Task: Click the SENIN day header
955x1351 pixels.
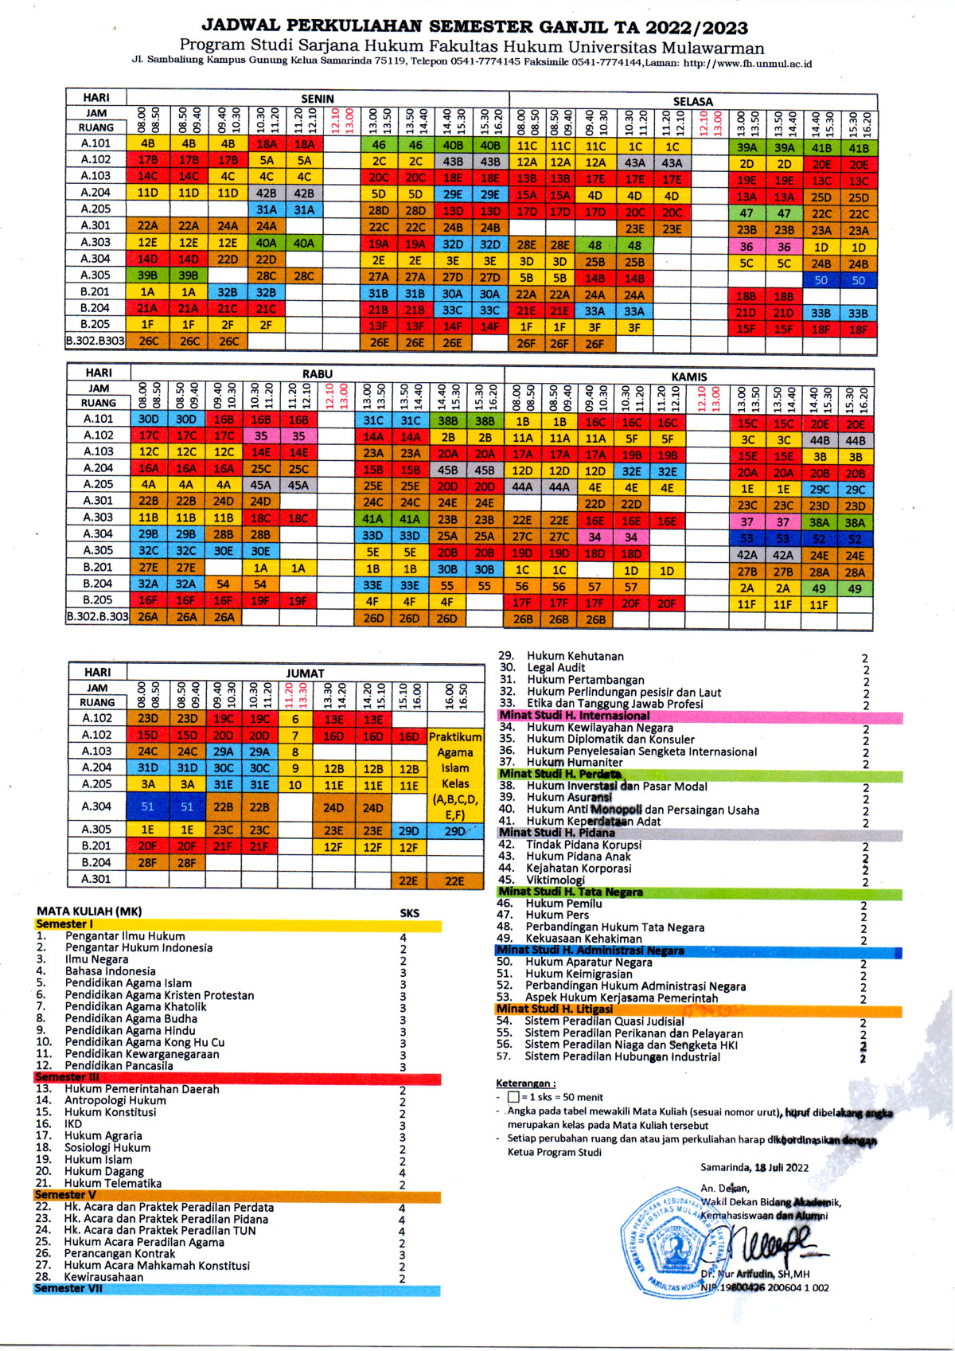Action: click(317, 99)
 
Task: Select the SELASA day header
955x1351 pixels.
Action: click(692, 102)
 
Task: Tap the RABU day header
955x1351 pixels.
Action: click(317, 373)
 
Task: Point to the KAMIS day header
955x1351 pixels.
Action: click(688, 377)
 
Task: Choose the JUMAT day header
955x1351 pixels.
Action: click(305, 673)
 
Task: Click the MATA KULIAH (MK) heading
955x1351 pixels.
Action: click(89, 912)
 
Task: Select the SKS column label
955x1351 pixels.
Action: click(409, 913)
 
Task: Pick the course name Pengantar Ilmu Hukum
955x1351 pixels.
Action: click(125, 936)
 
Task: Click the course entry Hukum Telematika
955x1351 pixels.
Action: click(113, 1184)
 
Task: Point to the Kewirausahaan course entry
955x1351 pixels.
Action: click(103, 1277)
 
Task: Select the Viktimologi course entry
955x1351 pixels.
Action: click(555, 880)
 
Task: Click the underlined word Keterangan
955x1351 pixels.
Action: click(525, 1084)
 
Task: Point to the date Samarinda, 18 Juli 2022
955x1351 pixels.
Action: click(754, 1168)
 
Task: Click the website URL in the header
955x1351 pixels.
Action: click(747, 64)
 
